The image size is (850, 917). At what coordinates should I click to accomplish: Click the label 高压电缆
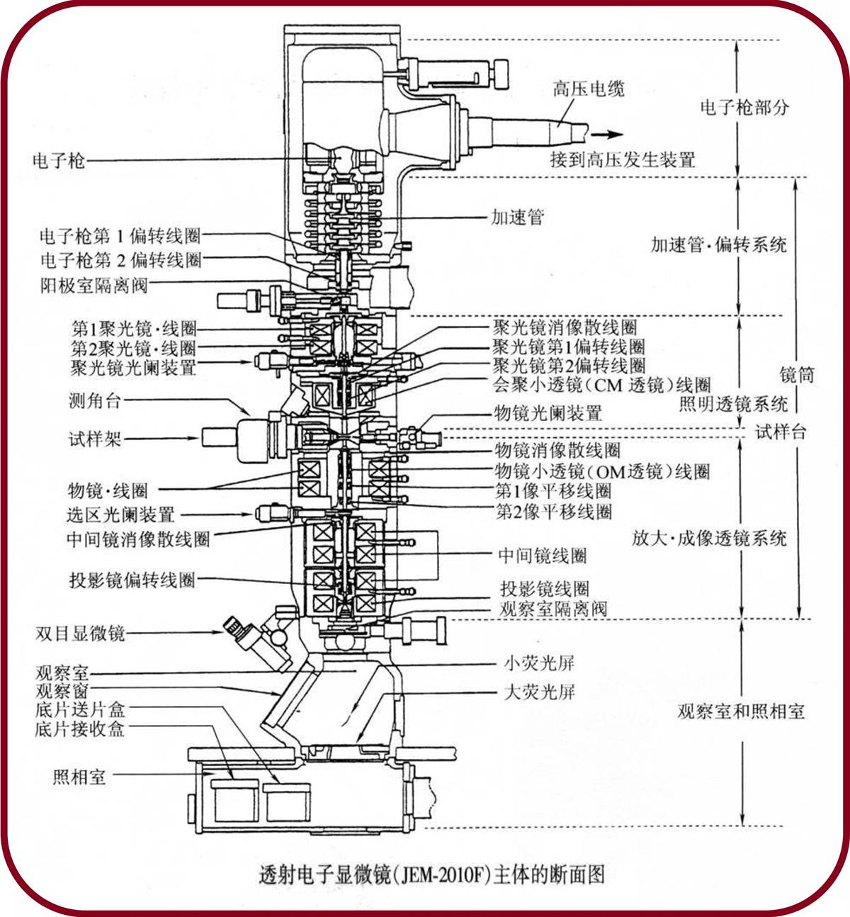(589, 89)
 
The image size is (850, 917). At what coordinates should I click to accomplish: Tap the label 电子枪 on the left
(59, 161)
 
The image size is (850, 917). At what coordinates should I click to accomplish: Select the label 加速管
(518, 217)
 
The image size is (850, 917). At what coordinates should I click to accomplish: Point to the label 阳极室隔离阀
(94, 286)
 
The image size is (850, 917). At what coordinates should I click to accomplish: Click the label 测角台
(95, 401)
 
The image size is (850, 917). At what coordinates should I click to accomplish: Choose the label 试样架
(95, 439)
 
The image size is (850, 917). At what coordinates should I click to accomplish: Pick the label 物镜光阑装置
(548, 412)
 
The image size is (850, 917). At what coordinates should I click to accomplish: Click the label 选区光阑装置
(120, 514)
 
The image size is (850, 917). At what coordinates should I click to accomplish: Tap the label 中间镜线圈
(543, 556)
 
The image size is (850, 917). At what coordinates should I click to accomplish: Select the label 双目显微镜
(80, 633)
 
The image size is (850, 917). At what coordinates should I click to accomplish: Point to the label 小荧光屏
(539, 663)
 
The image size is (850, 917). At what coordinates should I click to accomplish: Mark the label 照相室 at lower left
(79, 777)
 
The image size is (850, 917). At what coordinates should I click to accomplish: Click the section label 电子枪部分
(744, 107)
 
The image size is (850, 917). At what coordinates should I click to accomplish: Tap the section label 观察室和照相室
(741, 711)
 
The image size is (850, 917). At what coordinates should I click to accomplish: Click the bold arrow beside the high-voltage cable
(607, 135)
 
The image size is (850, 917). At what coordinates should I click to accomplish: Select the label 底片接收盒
(80, 729)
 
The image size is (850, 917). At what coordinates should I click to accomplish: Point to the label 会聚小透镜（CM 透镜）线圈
(601, 385)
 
